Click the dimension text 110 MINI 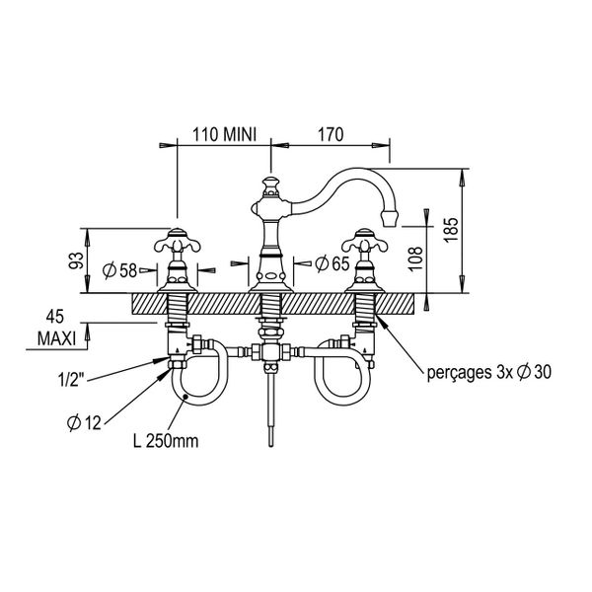(x=224, y=134)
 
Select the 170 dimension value (x=331, y=134)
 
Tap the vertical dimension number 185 (x=451, y=230)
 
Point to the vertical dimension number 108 (x=415, y=259)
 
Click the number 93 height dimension (x=76, y=260)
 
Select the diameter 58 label (x=119, y=270)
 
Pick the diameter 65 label (x=333, y=263)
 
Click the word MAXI (x=56, y=338)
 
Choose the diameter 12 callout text (x=85, y=422)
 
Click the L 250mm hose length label (x=166, y=441)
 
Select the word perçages (x=457, y=373)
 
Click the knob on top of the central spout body (x=270, y=185)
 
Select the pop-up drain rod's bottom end (x=270, y=446)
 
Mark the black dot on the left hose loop (x=185, y=396)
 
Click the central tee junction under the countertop (x=270, y=351)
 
